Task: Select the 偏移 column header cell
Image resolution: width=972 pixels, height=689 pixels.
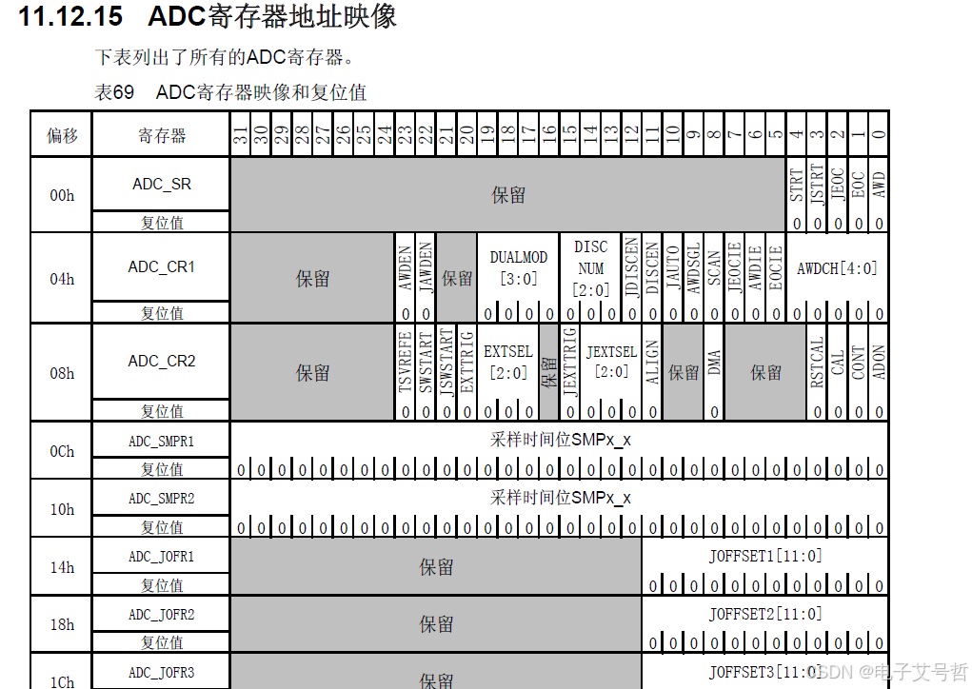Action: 62,135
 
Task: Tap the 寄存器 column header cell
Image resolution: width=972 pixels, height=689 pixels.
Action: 162,135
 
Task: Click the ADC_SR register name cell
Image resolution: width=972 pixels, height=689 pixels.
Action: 162,184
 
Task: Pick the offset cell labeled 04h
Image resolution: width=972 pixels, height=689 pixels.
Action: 62,279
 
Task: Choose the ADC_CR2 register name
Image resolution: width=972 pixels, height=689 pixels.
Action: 162,361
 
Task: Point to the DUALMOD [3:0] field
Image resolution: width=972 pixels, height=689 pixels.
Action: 519,267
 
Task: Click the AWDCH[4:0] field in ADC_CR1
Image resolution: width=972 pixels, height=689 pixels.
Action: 837,268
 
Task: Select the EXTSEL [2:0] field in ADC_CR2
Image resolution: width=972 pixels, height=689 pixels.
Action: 507,362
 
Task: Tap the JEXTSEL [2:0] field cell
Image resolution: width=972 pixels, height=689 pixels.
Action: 611,362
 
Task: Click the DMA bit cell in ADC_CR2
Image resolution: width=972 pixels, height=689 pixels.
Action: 714,362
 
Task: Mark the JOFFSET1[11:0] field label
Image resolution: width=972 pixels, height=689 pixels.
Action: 765,556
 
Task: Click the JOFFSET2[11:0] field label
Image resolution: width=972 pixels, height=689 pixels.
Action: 765,614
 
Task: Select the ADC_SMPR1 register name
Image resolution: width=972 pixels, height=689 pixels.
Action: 162,441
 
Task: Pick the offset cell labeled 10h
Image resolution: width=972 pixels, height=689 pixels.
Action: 62,509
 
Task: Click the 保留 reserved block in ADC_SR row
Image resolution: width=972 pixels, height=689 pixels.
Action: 508,195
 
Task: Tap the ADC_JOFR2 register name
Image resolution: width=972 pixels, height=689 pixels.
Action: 162,614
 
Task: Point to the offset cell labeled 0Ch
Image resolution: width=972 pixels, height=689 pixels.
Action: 62,451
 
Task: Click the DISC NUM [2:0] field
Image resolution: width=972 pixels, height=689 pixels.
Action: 590,268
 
